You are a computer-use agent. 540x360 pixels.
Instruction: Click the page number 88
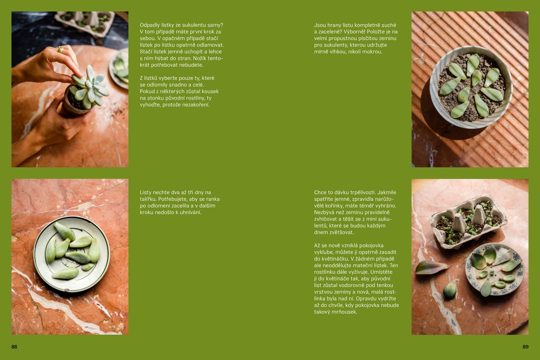coord(14,346)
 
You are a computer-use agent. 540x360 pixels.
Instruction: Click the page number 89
coord(525,346)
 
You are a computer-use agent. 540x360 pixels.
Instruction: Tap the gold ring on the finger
coord(60,49)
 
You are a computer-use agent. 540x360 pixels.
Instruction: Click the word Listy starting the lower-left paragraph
coord(145,192)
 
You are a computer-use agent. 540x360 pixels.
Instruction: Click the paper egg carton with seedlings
coord(468,221)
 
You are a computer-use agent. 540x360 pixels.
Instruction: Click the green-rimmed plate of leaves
coord(71,254)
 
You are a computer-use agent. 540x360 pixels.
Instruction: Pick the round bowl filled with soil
coord(471,87)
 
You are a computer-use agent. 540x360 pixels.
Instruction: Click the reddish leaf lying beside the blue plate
coord(430,267)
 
